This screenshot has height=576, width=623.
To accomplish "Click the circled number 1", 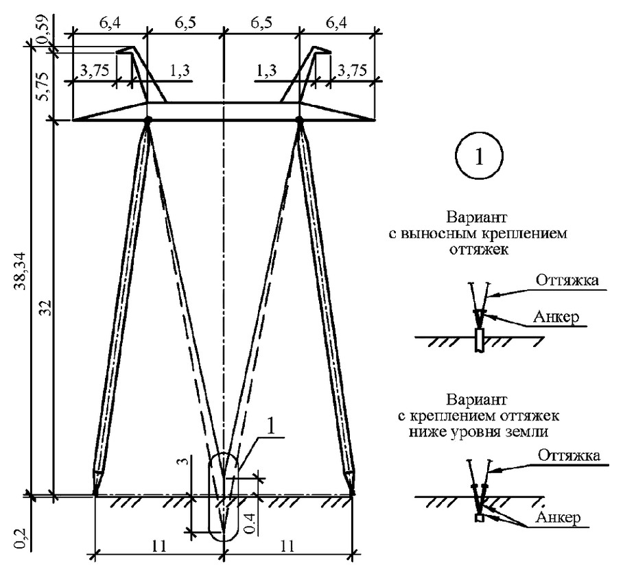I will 479,157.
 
